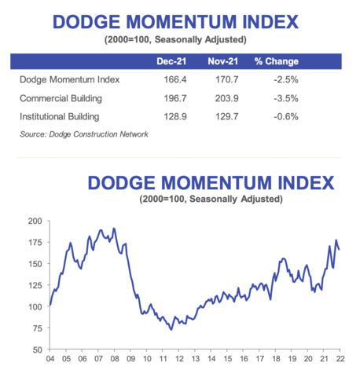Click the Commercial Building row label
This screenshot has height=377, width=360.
coord(63,99)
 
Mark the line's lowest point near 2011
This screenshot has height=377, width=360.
coord(171,329)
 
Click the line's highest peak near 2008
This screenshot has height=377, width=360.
coord(114,229)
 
